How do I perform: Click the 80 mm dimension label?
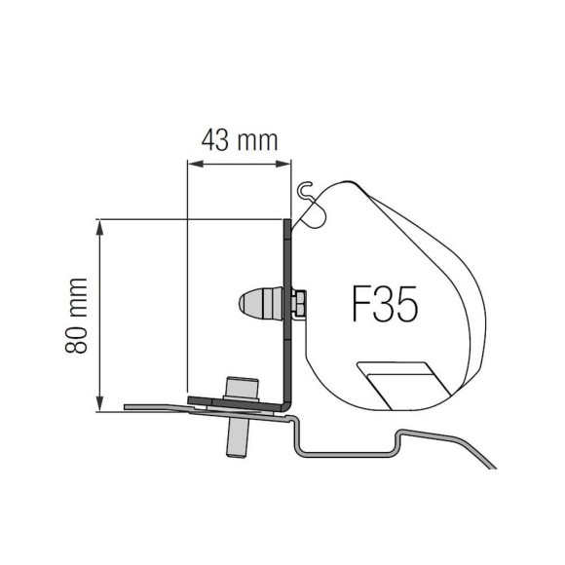coord(78,316)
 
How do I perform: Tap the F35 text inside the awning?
coord(384,305)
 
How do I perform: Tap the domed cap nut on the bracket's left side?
coord(260,303)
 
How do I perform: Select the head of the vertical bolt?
coord(237,388)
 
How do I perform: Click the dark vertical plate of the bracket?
coord(287,312)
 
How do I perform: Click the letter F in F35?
coord(359,305)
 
